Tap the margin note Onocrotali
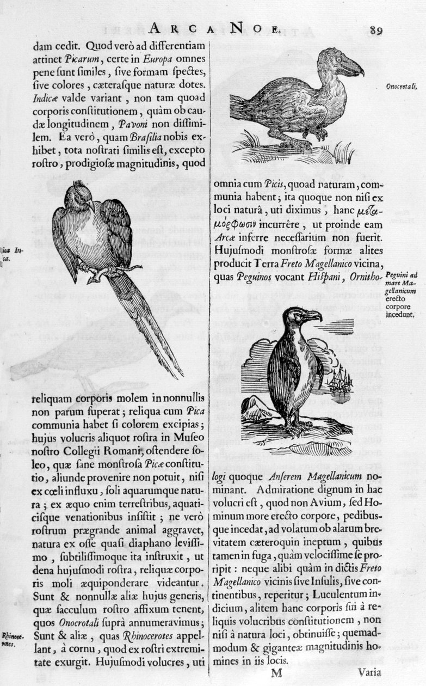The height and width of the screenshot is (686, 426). [x=402, y=86]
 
